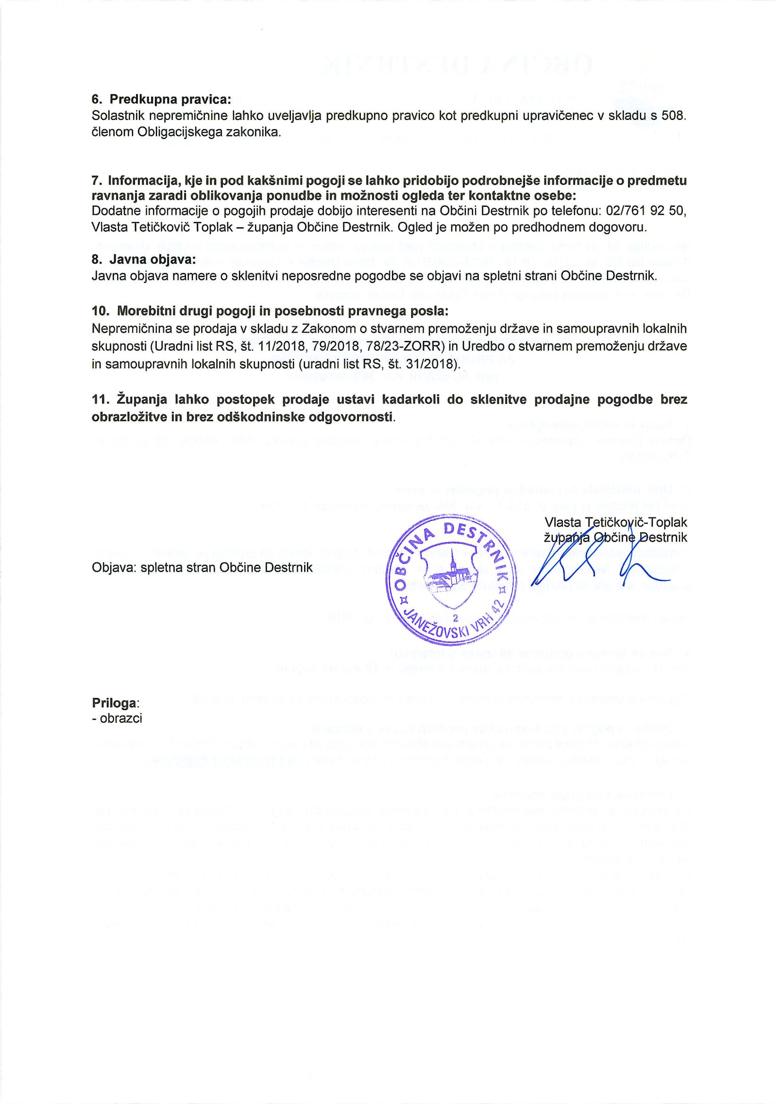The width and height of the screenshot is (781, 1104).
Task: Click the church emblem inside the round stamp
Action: tap(452, 577)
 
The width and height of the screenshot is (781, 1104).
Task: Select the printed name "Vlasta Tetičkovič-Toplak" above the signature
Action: tap(616, 522)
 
